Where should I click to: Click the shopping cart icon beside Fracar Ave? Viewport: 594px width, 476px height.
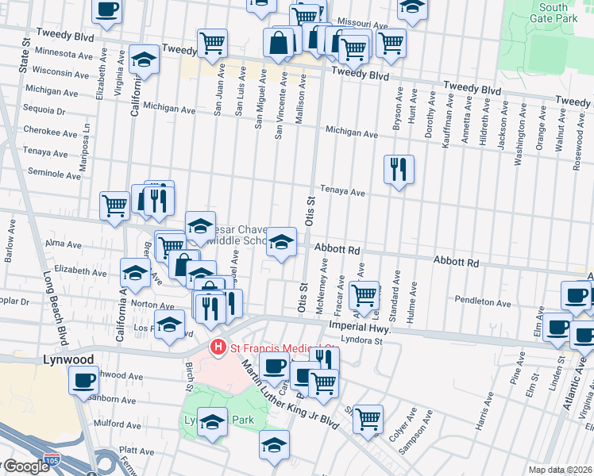click(x=364, y=295)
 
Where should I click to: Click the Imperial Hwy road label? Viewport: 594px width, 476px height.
click(x=365, y=326)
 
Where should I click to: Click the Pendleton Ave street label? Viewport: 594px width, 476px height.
click(x=482, y=302)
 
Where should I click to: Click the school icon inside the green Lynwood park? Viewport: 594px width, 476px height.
click(x=212, y=422)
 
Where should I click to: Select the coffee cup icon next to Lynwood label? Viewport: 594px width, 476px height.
click(x=83, y=380)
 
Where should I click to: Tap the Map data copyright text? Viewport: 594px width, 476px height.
click(x=560, y=470)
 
